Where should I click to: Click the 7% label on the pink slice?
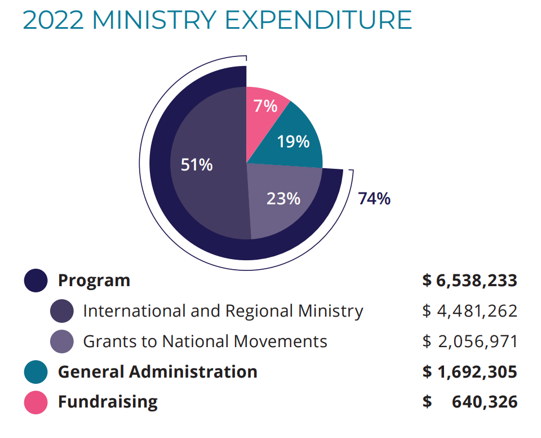tap(265, 106)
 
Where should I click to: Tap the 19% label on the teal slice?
tap(293, 141)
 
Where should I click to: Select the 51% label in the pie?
tap(196, 165)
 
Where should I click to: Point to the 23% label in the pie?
tap(283, 199)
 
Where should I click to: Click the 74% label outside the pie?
tap(374, 199)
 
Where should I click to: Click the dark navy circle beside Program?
tap(36, 281)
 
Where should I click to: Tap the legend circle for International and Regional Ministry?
tap(62, 311)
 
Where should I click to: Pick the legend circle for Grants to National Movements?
tap(62, 341)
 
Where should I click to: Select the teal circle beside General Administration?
tap(36, 372)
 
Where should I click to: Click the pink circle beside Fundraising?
tap(36, 402)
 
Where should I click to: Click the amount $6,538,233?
tap(469, 281)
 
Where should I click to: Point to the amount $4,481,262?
tap(469, 311)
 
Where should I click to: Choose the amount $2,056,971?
tap(469, 341)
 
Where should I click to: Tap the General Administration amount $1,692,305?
tap(469, 372)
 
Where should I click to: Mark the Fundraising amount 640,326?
tap(484, 402)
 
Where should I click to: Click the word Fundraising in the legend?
tap(108, 402)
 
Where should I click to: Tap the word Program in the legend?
tap(94, 281)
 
